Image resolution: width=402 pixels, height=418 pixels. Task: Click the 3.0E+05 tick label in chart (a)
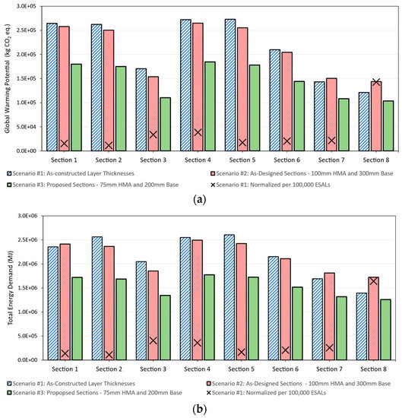click(28, 6)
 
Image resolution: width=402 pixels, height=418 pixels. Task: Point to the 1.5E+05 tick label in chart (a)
click(28, 78)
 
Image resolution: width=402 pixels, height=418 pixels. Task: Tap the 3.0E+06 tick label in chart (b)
click(28, 216)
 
